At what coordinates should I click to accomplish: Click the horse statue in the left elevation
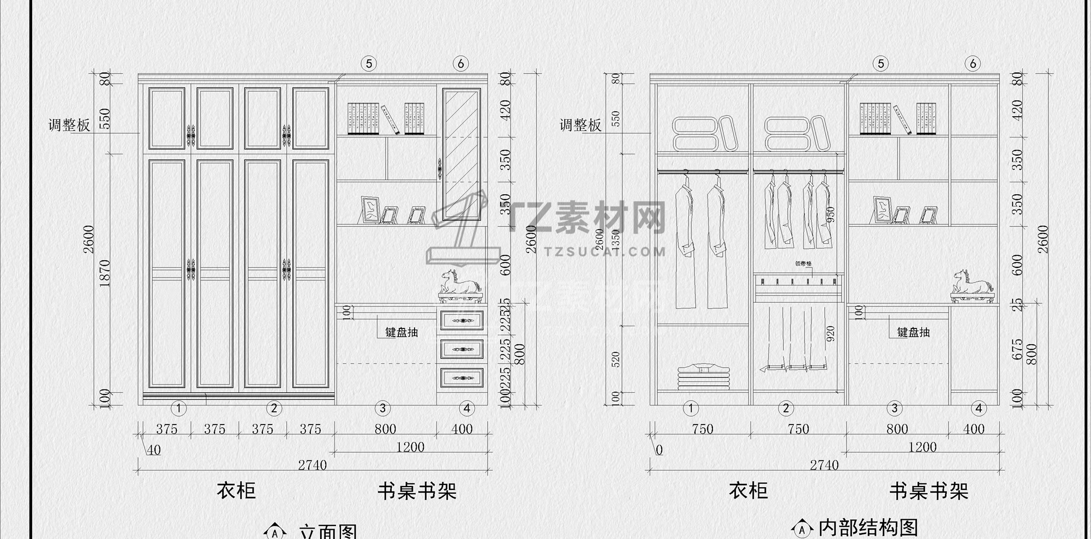pyautogui.click(x=461, y=283)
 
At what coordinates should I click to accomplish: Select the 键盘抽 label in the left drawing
pyautogui.click(x=401, y=332)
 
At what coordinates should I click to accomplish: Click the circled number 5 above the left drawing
pyautogui.click(x=369, y=64)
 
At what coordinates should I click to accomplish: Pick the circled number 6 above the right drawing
pyautogui.click(x=973, y=64)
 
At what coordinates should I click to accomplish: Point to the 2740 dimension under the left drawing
pyautogui.click(x=312, y=465)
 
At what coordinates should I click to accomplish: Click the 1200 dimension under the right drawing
pyautogui.click(x=922, y=447)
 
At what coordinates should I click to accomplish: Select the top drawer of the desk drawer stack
pyautogui.click(x=461, y=320)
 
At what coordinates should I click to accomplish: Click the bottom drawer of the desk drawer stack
pyautogui.click(x=461, y=378)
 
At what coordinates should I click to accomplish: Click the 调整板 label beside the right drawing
pyautogui.click(x=580, y=125)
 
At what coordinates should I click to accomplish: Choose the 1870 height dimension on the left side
pyautogui.click(x=105, y=273)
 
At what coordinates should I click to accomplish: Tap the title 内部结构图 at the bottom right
pyautogui.click(x=868, y=528)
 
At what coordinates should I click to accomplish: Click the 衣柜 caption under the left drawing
pyautogui.click(x=236, y=490)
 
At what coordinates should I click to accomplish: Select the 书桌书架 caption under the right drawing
pyautogui.click(x=928, y=491)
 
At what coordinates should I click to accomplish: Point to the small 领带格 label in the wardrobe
pyautogui.click(x=803, y=263)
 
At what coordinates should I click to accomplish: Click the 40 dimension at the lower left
pyautogui.click(x=154, y=450)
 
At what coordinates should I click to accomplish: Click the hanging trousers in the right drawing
pyautogui.click(x=796, y=338)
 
